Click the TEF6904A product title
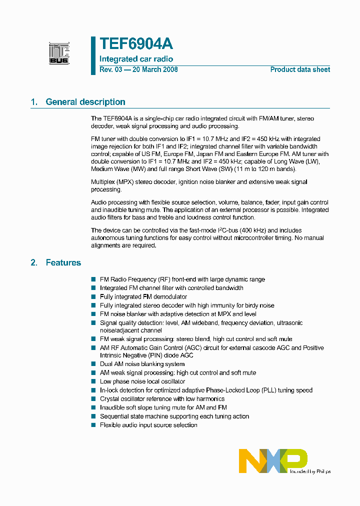(x=136, y=44)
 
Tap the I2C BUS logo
(x=59, y=53)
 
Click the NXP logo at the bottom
(x=273, y=460)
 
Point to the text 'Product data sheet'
(x=300, y=69)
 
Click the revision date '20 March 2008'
(x=154, y=69)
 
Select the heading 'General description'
(x=85, y=102)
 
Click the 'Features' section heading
(x=63, y=262)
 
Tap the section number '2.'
(x=34, y=262)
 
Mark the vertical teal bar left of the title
(x=93, y=55)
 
